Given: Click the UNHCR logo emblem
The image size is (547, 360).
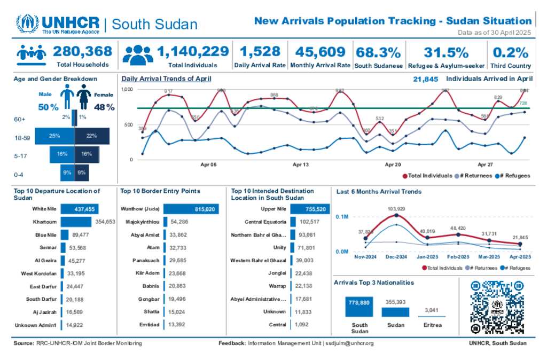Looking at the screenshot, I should (27, 24).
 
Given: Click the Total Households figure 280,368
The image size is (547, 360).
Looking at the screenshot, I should (83, 51).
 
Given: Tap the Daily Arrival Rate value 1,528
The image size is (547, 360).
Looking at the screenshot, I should (260, 51).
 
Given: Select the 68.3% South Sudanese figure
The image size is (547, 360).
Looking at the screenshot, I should (378, 52).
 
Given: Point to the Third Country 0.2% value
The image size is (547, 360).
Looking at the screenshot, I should (511, 52).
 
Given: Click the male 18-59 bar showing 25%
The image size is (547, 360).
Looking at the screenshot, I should (54, 136).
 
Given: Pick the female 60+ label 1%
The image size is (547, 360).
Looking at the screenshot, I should (83, 117).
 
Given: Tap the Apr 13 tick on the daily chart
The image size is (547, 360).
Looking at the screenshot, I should (301, 165).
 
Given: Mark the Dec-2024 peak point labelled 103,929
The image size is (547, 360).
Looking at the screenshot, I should (396, 215).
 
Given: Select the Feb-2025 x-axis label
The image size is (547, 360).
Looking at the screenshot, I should (459, 257).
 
